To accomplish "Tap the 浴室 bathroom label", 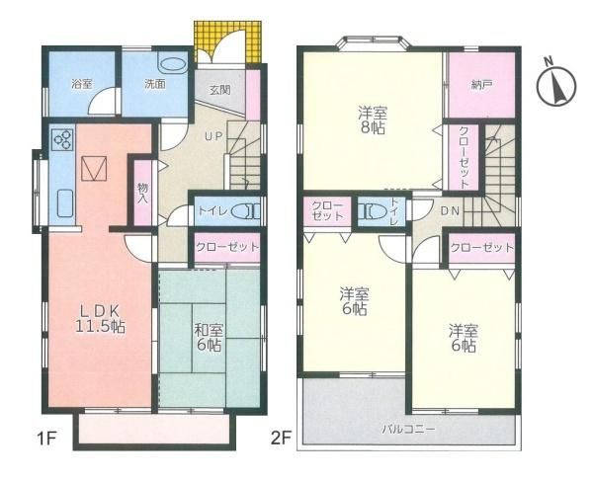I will tap(82, 84).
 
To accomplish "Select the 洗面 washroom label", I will tap(154, 84).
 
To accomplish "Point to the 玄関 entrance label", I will tap(218, 89).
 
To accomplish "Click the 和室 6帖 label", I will tap(208, 337).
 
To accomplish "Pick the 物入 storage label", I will tap(143, 192).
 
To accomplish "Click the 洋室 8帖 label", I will tap(372, 121).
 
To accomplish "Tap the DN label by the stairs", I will tap(448, 209).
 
